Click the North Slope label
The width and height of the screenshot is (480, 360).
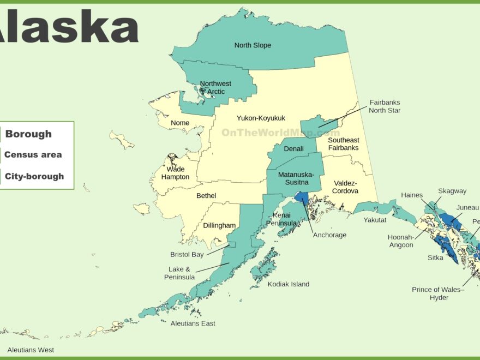click(x=253, y=45)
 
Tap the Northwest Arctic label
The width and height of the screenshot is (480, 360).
click(x=215, y=88)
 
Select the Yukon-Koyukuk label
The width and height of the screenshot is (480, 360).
click(x=261, y=118)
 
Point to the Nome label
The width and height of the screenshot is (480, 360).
click(x=180, y=123)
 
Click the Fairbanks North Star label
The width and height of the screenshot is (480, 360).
click(x=385, y=106)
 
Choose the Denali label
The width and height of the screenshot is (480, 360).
click(x=293, y=148)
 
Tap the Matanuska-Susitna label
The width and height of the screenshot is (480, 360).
click(x=296, y=178)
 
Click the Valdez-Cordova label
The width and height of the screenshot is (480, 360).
click(x=345, y=187)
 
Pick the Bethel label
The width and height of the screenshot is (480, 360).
click(x=206, y=196)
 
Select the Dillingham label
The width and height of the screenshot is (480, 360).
click(x=219, y=225)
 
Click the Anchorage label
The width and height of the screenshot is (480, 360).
click(x=329, y=235)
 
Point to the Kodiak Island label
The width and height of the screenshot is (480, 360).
click(x=288, y=284)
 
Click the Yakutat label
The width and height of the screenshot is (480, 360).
click(x=375, y=220)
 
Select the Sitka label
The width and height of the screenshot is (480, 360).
click(x=435, y=258)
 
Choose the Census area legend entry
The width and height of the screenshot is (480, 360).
click(x=33, y=155)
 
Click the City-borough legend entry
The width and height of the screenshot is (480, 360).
click(x=34, y=176)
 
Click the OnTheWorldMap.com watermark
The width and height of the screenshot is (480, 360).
click(x=280, y=133)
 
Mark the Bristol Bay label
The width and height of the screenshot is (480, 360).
click(x=187, y=255)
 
